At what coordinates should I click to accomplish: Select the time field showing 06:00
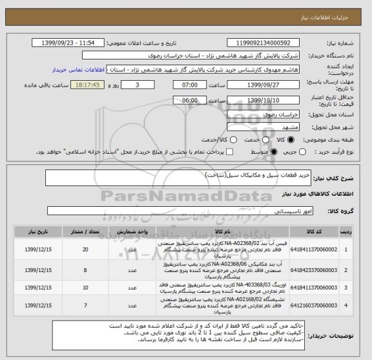tap(191, 101)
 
